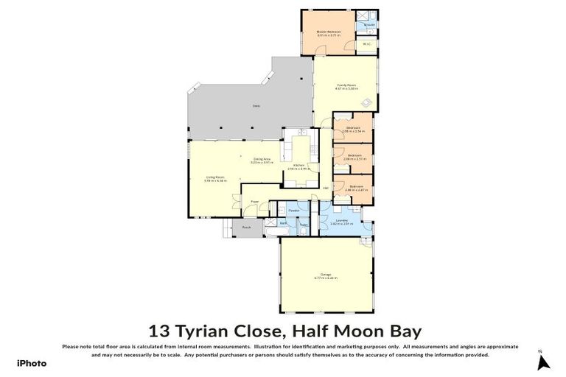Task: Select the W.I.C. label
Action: [366, 43]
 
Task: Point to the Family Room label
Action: [342, 85]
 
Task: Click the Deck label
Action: [256, 106]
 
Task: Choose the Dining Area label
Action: [259, 158]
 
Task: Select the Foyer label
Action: [254, 201]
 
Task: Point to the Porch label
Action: [247, 228]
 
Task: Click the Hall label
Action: [325, 188]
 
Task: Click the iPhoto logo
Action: [32, 363]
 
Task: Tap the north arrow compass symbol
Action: [544, 362]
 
